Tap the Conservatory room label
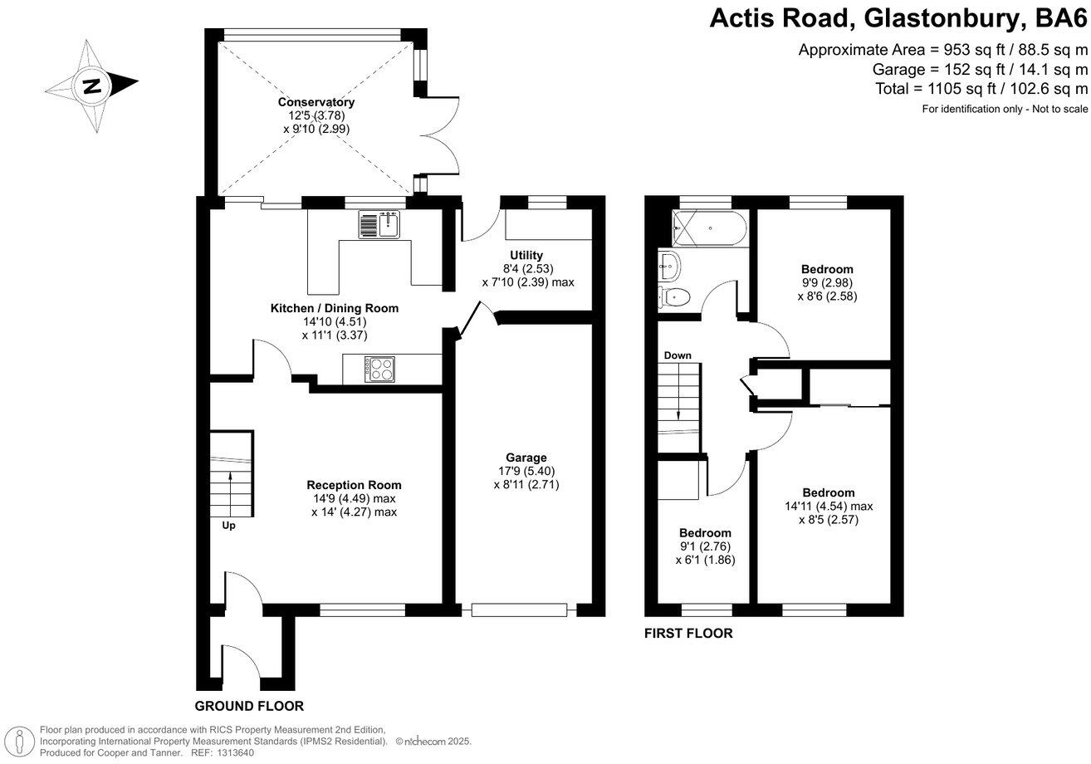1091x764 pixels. [316, 102]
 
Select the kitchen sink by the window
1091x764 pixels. [381, 224]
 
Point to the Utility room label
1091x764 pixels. [526, 255]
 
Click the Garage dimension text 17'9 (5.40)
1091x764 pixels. [526, 471]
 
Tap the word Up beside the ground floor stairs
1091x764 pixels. [228, 526]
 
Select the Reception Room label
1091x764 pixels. [354, 485]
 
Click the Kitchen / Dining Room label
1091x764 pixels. [335, 308]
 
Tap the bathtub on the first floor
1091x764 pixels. [710, 228]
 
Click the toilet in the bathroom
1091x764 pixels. [674, 296]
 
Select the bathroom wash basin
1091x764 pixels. [668, 267]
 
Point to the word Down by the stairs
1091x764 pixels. [678, 355]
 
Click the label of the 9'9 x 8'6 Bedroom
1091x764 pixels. [827, 269]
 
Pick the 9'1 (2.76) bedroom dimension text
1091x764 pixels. [705, 546]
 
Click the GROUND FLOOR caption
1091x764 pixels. [249, 707]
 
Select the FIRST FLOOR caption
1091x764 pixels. [688, 634]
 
